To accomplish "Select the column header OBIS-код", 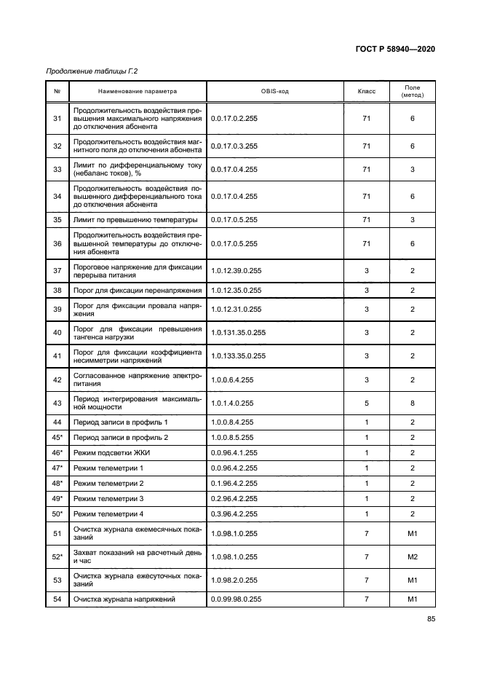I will coord(274,92).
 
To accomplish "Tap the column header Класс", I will coord(366,92).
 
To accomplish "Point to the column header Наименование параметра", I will coord(138,92).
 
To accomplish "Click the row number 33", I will coord(57,169).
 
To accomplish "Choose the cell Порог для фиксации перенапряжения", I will coord(127,290).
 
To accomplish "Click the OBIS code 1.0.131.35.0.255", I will coord(238,333).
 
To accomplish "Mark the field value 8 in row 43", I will coord(412,403).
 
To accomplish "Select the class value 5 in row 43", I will coord(366,403).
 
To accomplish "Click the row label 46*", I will coord(57,452).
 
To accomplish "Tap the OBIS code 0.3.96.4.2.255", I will coord(234,513).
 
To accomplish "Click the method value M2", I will coord(412,558).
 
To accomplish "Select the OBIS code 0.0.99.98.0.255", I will coord(236,599).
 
